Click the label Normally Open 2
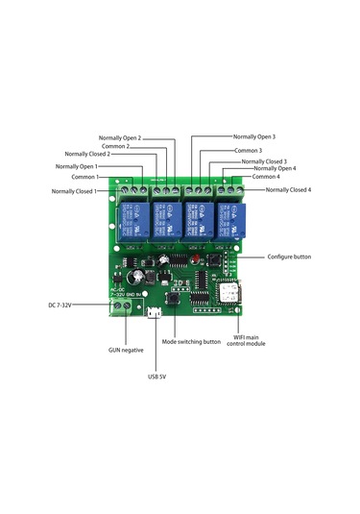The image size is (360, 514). coord(120,138)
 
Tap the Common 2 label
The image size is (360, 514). coord(115,146)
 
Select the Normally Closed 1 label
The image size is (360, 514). coord(74,191)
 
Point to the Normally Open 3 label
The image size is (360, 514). coord(254,136)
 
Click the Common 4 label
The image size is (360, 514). coord(266,177)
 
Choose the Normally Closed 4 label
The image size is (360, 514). coord(288,189)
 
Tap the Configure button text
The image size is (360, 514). coord(289,257)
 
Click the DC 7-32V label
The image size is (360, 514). coord(60,305)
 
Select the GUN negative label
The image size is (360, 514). coord(126,350)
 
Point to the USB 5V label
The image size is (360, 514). coord(156,377)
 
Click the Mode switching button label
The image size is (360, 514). coord(191,342)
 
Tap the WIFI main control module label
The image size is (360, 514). coord(246,340)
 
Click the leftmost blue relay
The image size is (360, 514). coord(133,220)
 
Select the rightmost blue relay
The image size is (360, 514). coord(230,221)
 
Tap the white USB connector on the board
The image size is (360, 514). coord(155,312)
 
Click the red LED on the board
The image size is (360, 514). coord(196,258)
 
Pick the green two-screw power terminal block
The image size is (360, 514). coord(121,307)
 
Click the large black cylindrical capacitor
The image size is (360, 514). coord(135,277)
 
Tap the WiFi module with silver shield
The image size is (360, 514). coord(228,292)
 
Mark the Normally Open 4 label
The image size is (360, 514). coord(275,168)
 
